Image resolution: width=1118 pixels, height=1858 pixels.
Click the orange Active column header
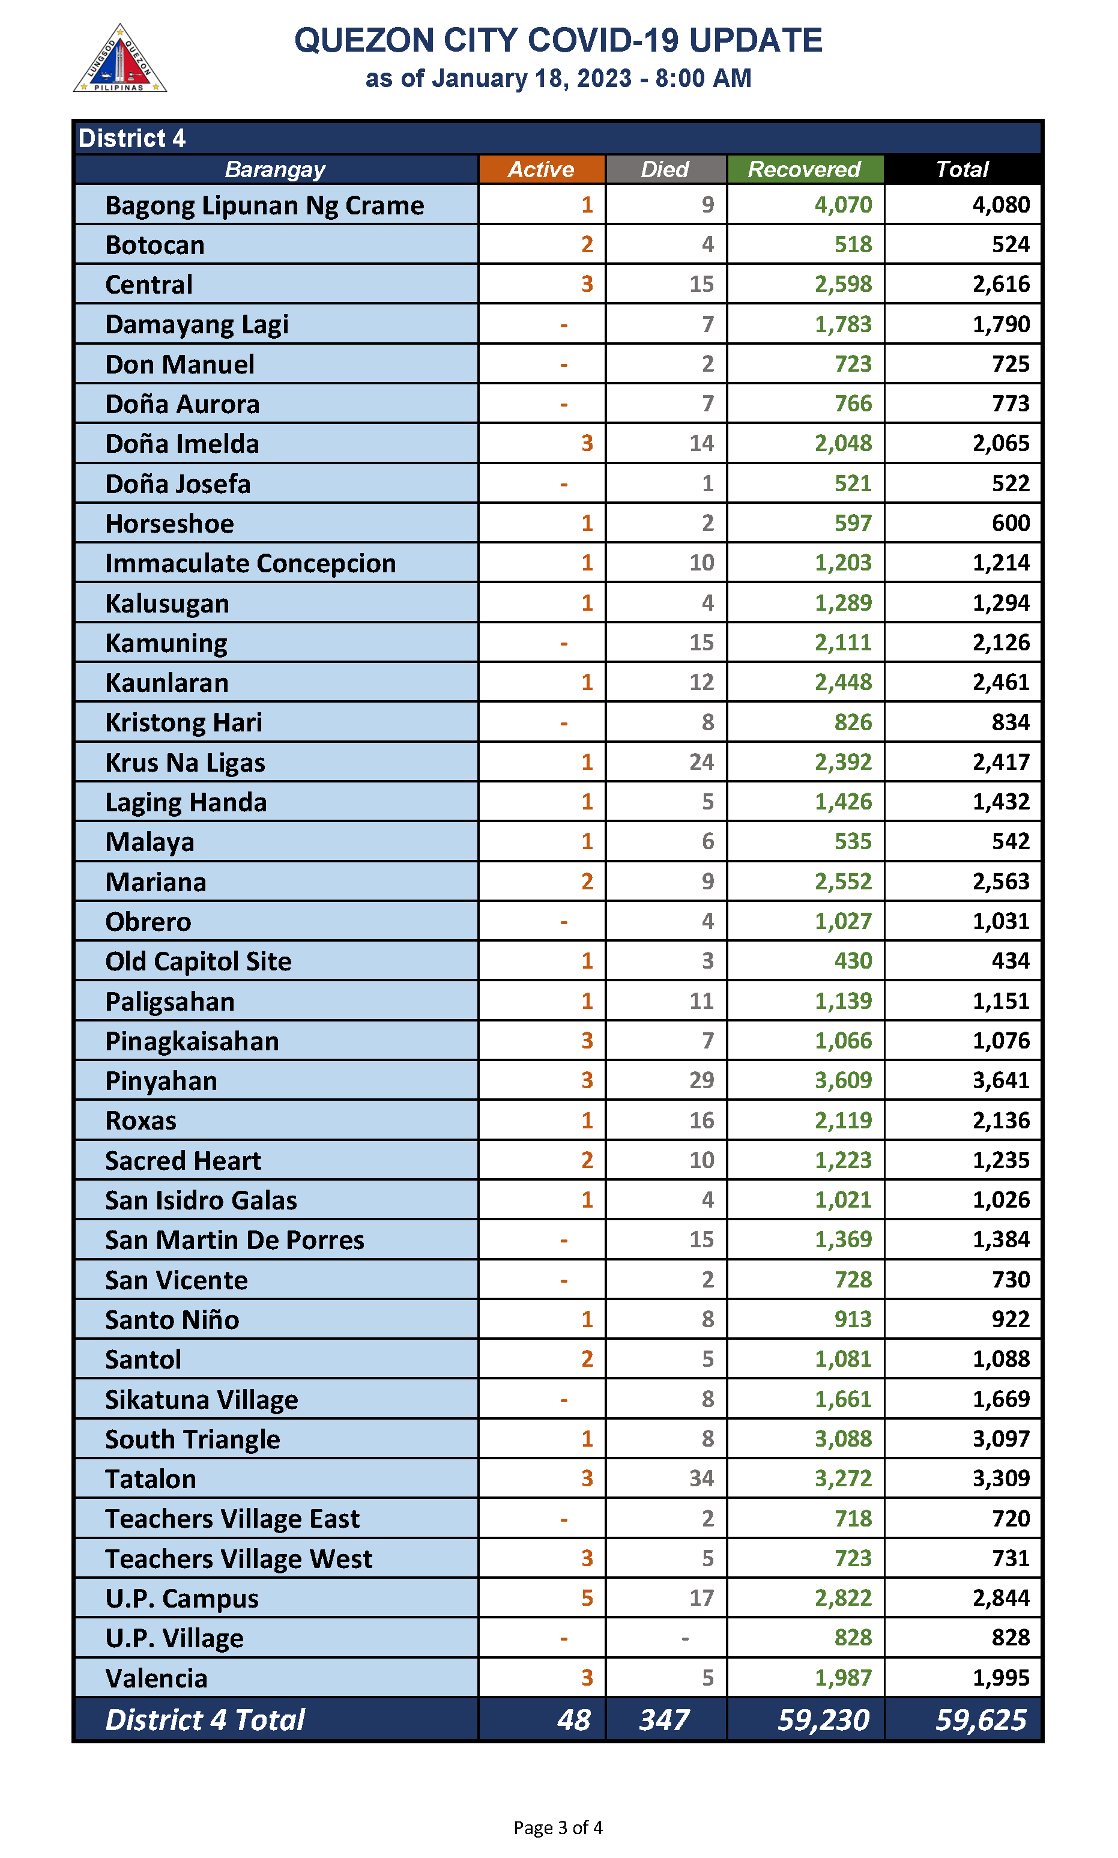[x=541, y=169]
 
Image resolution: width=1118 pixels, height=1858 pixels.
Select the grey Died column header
[x=665, y=169]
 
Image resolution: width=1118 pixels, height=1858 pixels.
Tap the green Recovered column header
[x=804, y=169]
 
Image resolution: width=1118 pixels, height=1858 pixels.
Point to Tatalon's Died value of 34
[x=701, y=1478]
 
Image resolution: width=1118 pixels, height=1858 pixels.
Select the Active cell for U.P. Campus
[x=587, y=1598]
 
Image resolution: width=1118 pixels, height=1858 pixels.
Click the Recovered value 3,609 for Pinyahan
[x=843, y=1080]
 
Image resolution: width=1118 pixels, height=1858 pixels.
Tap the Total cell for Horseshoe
[x=1011, y=524]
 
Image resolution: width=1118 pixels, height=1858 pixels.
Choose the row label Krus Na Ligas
[x=186, y=763]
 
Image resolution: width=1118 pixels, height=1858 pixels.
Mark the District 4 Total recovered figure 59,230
[x=823, y=1720]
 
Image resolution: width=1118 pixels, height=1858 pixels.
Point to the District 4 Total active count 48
[x=573, y=1720]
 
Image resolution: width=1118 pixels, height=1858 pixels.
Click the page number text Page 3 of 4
[x=558, y=1827]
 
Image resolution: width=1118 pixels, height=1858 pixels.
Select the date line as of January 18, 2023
[x=558, y=78]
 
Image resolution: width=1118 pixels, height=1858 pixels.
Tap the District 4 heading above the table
[x=132, y=139]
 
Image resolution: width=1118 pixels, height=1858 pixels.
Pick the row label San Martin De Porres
[x=234, y=1240]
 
